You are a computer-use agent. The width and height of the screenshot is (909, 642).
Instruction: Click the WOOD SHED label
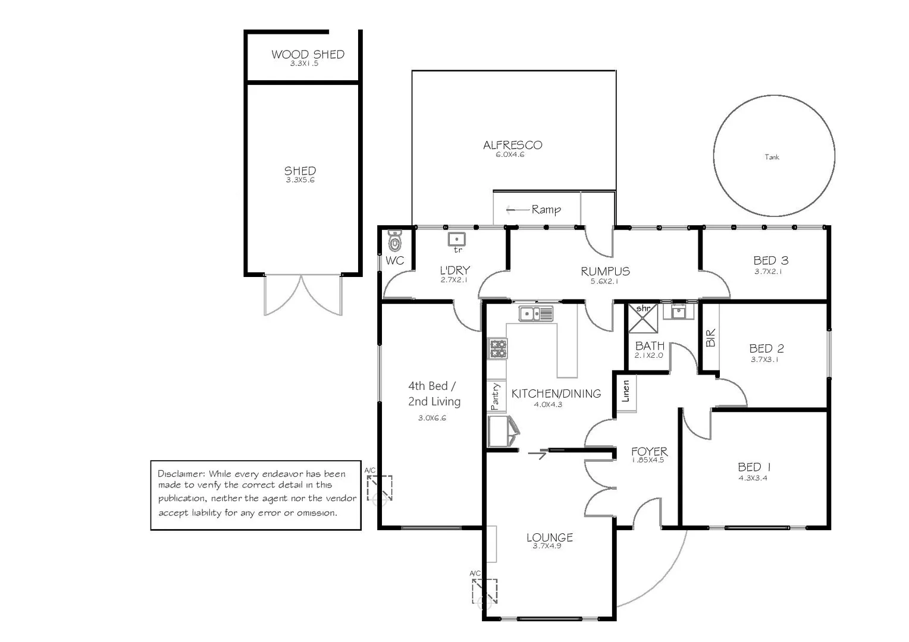pos(308,54)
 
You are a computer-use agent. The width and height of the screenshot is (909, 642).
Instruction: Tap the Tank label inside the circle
pos(772,157)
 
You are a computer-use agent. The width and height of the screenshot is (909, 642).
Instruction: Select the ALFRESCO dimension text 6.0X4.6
pos(510,155)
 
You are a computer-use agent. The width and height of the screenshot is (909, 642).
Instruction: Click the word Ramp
pos(546,210)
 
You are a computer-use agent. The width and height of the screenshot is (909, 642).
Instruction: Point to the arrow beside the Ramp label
pos(518,210)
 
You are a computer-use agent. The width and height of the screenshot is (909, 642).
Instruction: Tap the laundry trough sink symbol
pos(456,240)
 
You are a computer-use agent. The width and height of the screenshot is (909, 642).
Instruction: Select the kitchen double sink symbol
pos(535,313)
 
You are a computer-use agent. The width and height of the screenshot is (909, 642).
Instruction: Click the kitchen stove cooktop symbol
pos(497,349)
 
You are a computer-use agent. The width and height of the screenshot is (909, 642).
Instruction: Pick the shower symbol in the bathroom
pos(643,319)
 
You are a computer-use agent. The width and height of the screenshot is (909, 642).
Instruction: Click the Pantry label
pos(495,396)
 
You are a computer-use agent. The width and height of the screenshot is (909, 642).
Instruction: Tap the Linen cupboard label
pos(626,391)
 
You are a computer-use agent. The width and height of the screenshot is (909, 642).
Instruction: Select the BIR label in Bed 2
pos(710,338)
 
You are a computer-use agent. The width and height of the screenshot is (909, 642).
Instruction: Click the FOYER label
pos(649,451)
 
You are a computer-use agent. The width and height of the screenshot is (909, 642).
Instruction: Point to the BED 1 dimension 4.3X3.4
pos(753,478)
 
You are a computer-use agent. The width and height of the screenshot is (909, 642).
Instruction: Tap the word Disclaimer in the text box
pos(181,474)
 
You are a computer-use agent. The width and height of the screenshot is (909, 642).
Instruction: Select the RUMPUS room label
pos(605,271)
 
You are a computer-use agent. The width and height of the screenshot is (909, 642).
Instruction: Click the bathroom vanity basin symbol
pos(679,311)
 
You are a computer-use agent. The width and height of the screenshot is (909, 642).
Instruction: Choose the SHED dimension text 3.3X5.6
pos(300,180)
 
